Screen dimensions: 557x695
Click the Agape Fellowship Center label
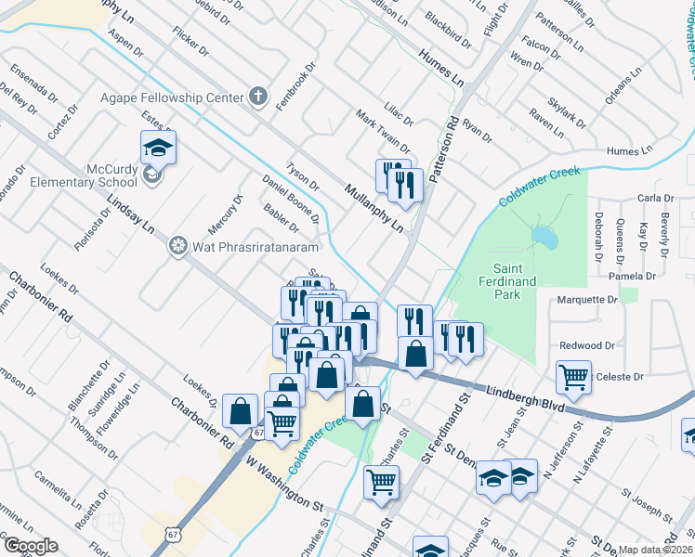177,96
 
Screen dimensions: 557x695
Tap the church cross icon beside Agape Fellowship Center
258,97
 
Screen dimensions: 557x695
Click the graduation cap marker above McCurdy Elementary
158,147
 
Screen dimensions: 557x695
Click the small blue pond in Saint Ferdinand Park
545,240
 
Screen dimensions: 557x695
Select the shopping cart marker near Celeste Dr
573,376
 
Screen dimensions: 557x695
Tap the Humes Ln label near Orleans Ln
629,151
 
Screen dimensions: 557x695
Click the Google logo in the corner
31,546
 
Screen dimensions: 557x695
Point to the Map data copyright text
656,550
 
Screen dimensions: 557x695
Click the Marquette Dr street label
586,300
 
